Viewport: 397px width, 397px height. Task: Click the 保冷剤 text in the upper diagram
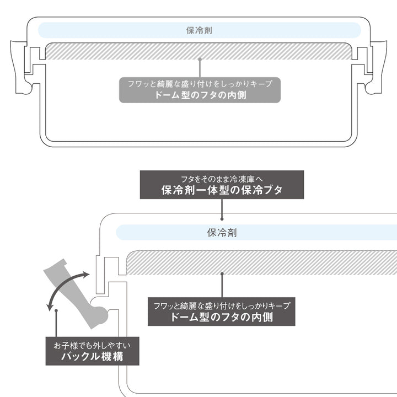click(x=199, y=30)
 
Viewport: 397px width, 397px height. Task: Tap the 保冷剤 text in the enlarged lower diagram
click(x=222, y=233)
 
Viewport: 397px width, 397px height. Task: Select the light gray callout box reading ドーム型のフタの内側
click(x=200, y=89)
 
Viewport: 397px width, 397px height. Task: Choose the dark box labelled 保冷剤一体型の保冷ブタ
click(x=221, y=184)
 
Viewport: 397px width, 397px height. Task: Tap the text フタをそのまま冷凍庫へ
click(x=221, y=179)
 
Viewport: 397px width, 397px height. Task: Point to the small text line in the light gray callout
click(x=200, y=84)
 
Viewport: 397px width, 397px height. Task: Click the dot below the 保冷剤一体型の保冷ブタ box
click(x=222, y=217)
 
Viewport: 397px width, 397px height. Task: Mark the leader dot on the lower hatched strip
click(x=222, y=272)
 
